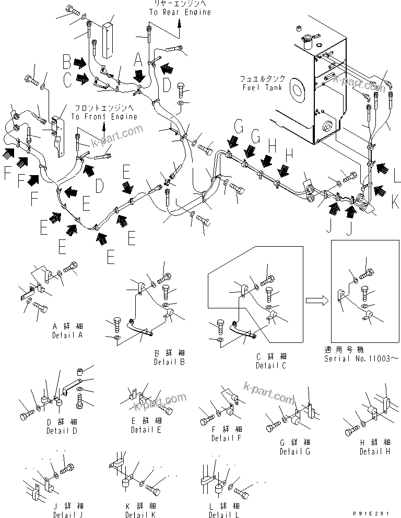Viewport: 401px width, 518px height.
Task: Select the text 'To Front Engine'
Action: [x=104, y=117]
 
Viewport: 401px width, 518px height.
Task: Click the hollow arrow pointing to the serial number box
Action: [x=316, y=300]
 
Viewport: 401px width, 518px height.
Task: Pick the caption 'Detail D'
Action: [x=62, y=431]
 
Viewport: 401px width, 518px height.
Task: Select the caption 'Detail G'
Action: [x=294, y=451]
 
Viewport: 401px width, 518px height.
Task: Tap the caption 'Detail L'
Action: [x=225, y=515]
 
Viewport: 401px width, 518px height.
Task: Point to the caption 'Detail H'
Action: [x=374, y=451]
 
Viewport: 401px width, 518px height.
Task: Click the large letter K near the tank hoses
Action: [x=395, y=199]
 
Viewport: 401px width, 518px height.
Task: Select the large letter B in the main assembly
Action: [x=67, y=62]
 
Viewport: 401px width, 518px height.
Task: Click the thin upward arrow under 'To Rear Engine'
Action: [x=180, y=24]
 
